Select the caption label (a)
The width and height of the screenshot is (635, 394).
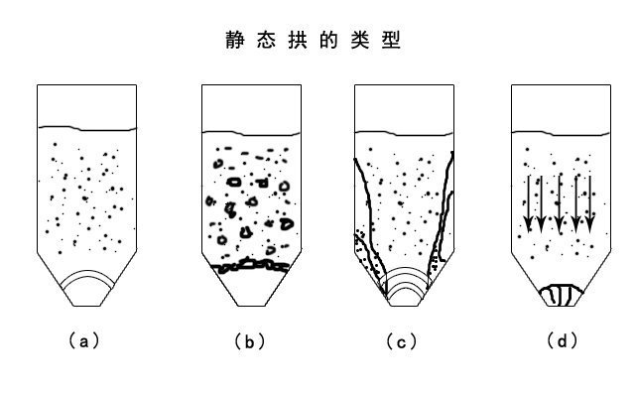83,341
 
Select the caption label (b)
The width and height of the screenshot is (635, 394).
249,341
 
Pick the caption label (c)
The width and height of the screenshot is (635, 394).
402,341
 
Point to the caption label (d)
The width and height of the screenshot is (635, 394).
562,341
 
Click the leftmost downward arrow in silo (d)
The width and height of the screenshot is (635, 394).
529,203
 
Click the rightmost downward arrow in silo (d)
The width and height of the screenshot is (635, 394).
590,203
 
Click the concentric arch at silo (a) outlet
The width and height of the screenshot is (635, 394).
88,283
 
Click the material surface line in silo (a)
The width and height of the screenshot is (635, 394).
87,127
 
